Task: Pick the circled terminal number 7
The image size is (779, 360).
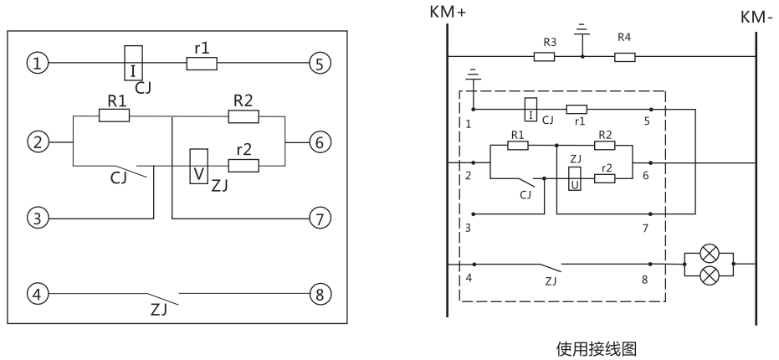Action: point(319,219)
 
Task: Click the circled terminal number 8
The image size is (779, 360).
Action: point(319,294)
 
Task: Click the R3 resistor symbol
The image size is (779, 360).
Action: point(544,57)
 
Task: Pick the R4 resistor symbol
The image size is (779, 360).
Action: point(624,57)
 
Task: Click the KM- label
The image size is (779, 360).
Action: point(757,16)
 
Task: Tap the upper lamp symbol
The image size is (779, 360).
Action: point(709,252)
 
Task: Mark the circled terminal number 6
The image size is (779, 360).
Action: point(319,142)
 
